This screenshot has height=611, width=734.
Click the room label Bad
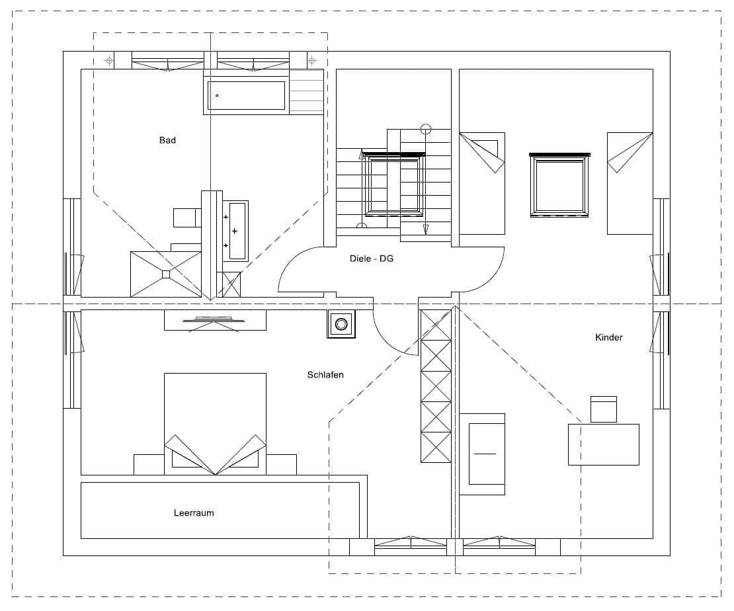(167, 140)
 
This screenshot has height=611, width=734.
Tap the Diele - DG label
(371, 259)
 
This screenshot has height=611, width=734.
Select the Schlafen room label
(325, 374)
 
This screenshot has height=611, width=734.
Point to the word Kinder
(608, 337)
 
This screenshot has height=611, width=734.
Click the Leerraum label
(194, 512)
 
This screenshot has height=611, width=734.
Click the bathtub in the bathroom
(246, 95)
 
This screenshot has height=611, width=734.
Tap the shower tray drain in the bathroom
(166, 274)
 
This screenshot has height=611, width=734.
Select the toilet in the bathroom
(187, 218)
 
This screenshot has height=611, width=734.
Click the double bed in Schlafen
(216, 424)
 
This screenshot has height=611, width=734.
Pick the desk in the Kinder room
(603, 444)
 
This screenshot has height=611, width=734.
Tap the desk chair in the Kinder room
(603, 409)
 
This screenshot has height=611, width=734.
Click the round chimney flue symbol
(341, 323)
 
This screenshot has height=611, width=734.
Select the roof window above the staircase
(394, 184)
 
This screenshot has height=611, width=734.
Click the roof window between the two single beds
(559, 185)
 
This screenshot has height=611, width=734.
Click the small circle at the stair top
(425, 128)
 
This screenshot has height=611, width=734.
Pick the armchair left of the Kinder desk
(482, 454)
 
